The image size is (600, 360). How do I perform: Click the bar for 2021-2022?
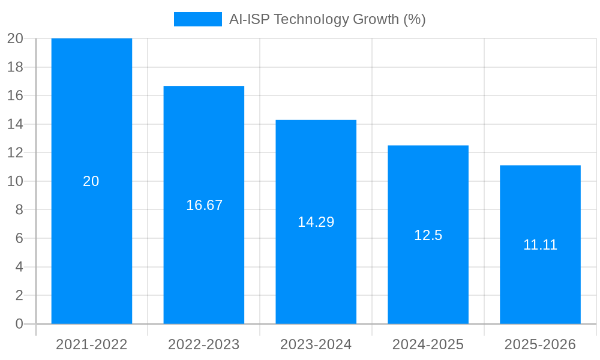(x=92, y=120)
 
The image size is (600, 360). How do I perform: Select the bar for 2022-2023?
(x=204, y=150)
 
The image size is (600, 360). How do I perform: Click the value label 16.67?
(x=204, y=205)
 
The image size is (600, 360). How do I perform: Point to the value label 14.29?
(x=316, y=222)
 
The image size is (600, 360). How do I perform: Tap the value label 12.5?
(x=428, y=235)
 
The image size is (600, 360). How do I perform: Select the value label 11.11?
(x=540, y=245)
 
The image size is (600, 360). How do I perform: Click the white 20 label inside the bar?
(x=91, y=181)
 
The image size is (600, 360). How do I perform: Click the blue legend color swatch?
(x=197, y=19)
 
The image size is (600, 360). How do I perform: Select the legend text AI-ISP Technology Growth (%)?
(x=327, y=19)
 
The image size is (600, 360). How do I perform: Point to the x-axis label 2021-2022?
(x=92, y=344)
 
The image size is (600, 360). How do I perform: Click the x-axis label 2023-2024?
(x=316, y=344)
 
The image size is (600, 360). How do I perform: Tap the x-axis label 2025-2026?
(x=540, y=344)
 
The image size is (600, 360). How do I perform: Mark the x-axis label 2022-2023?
(x=204, y=344)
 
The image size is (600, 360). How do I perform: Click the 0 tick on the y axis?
(x=19, y=324)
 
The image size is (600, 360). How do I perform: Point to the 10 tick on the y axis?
(x=15, y=181)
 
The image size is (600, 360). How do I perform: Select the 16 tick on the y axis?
(x=15, y=95)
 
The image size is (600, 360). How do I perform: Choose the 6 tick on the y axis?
(x=19, y=238)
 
